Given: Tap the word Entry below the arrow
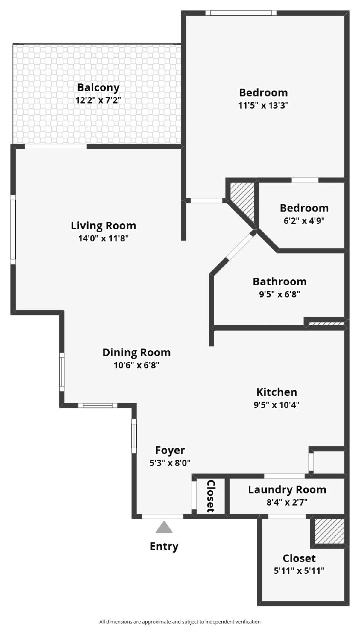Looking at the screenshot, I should [164, 546].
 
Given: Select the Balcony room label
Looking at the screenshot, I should [98, 87].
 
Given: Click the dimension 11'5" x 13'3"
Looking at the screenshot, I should [263, 105].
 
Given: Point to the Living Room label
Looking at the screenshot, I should [103, 226].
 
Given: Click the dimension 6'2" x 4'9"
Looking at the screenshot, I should [304, 220].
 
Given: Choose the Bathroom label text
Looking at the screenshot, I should [279, 281].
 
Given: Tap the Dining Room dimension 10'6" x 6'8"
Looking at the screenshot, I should [136, 365].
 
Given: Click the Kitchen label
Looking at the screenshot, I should [277, 392].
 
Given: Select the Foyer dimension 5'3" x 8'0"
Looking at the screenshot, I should [170, 463].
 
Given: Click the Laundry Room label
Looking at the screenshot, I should [287, 489].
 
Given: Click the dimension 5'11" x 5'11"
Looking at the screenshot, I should [299, 571].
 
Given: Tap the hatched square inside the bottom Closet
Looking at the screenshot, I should [329, 531].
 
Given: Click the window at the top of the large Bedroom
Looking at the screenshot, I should [241, 13].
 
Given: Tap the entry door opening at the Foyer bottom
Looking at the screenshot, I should [162, 516].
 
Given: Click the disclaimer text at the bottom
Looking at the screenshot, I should [180, 622].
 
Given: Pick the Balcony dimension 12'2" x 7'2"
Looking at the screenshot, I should [98, 100].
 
